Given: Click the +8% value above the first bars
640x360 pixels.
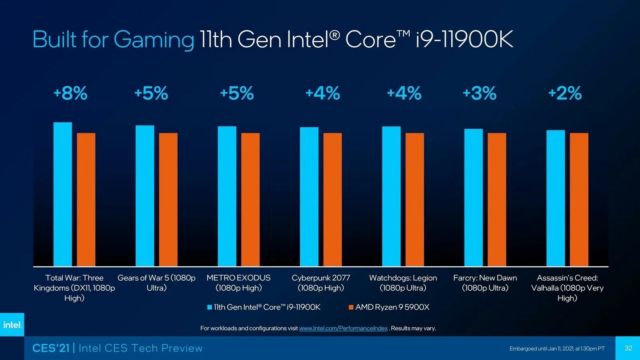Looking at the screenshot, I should click(x=70, y=93).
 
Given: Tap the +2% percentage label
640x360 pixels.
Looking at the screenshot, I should click(x=565, y=93).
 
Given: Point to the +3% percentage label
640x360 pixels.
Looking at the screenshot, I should click(x=480, y=93).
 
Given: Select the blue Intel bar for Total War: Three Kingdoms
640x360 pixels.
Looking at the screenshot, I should click(x=63, y=194).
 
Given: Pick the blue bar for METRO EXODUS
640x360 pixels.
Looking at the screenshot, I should click(x=227, y=196).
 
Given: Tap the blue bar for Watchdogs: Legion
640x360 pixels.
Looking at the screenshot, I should click(x=391, y=196).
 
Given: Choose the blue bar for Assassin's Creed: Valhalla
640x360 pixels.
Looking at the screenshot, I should click(x=556, y=198).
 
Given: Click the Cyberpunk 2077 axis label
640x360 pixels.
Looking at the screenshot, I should click(x=321, y=283).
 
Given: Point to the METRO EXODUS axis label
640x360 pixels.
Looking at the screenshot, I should click(x=238, y=283).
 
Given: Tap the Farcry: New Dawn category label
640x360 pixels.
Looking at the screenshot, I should click(x=485, y=283).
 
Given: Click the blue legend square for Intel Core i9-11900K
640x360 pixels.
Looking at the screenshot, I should click(x=210, y=307).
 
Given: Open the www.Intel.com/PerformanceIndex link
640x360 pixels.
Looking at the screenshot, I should click(x=343, y=328).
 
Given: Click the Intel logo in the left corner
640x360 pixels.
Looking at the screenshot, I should click(x=12, y=325).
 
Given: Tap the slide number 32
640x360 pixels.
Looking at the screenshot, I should click(x=628, y=348).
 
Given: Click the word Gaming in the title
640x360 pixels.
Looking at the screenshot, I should click(x=154, y=40).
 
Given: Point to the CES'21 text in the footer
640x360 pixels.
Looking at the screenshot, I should click(x=51, y=348).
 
